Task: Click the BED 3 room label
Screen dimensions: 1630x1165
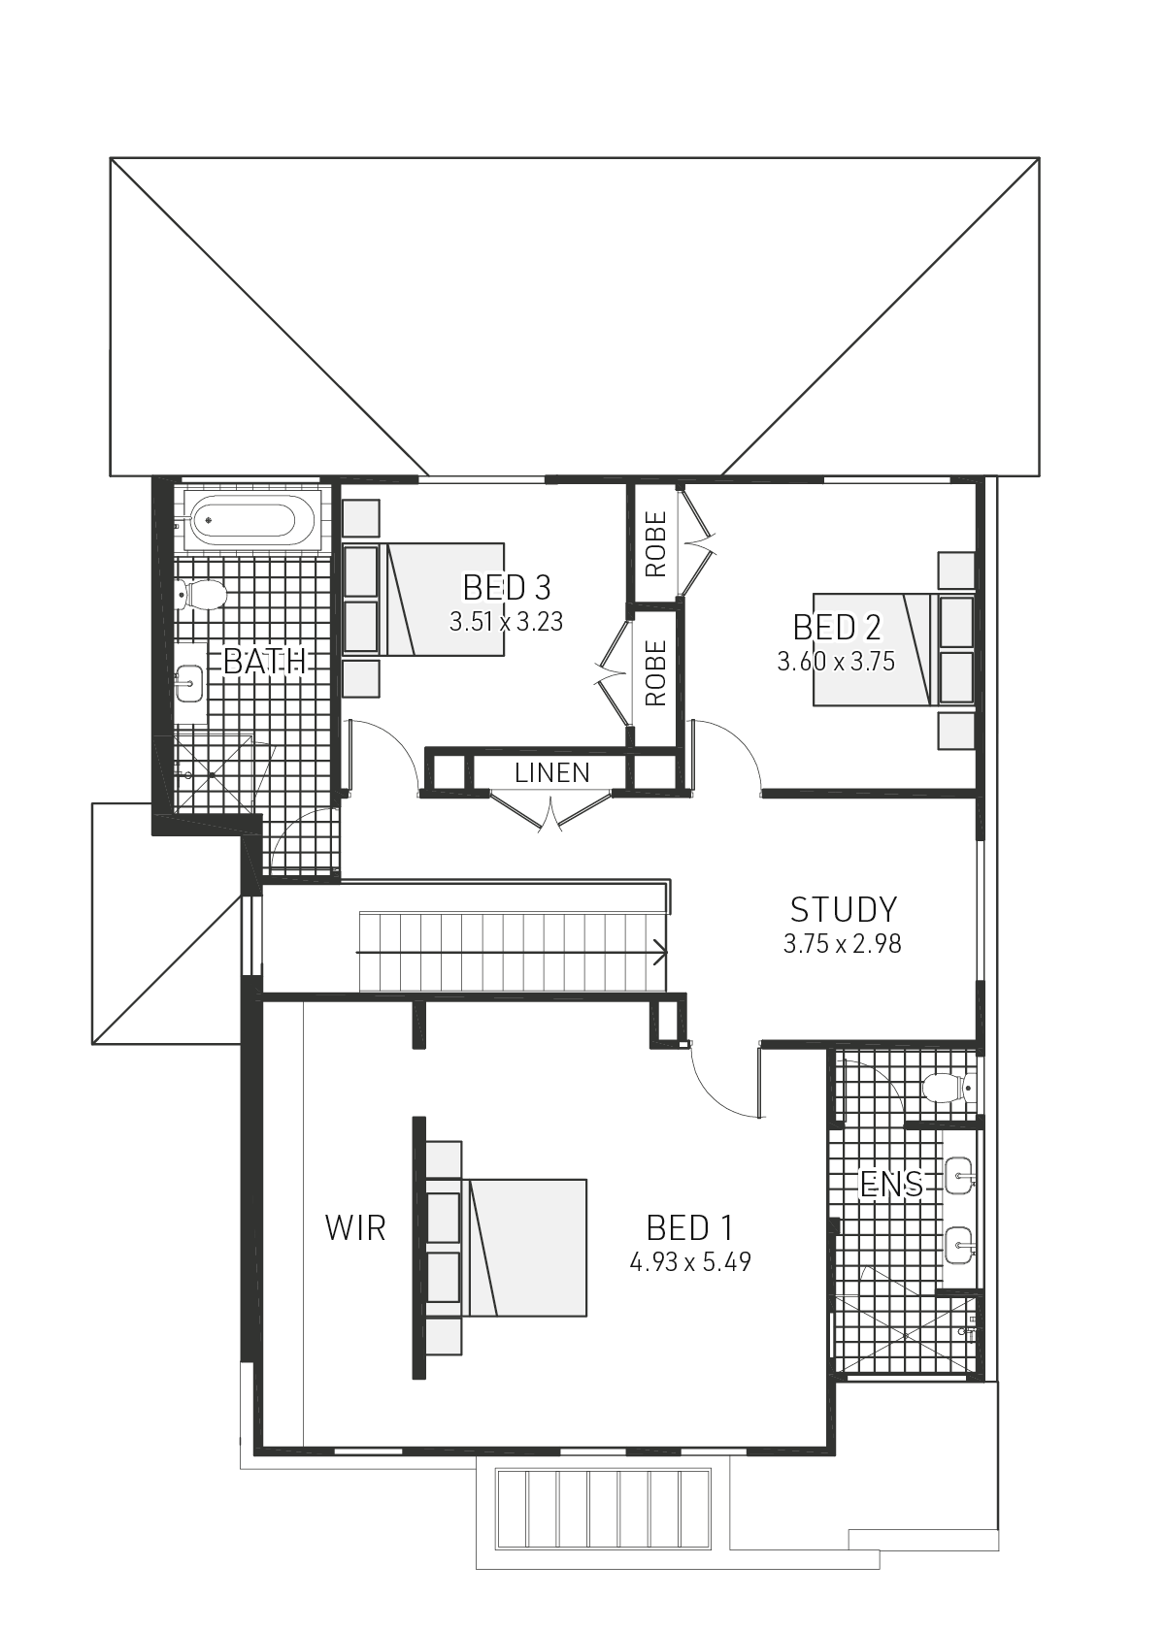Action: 506,588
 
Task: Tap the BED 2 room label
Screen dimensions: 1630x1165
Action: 837,628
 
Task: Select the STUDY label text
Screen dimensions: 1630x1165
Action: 843,910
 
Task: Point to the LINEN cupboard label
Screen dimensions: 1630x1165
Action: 551,773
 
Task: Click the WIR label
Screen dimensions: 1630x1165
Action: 355,1228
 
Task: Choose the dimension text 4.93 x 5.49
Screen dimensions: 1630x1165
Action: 689,1262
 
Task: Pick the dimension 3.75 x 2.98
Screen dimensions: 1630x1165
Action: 843,944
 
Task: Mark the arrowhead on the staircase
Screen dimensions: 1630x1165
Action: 662,953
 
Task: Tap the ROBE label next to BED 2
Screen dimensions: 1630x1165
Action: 656,544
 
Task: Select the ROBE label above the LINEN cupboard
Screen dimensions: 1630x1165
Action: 656,672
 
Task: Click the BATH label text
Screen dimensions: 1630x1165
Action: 264,662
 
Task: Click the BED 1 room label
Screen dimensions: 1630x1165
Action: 689,1228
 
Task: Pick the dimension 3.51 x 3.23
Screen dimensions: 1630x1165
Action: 506,622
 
